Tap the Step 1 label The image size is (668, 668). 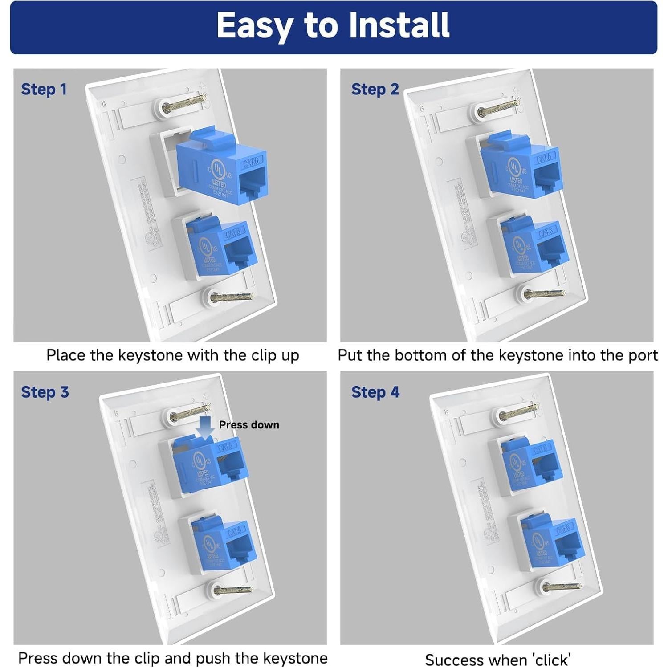click(x=44, y=89)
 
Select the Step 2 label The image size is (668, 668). click(x=375, y=89)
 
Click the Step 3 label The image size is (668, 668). click(x=45, y=392)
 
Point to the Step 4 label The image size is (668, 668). click(x=375, y=392)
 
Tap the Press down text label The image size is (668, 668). click(x=249, y=425)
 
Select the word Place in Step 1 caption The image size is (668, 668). click(x=66, y=355)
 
